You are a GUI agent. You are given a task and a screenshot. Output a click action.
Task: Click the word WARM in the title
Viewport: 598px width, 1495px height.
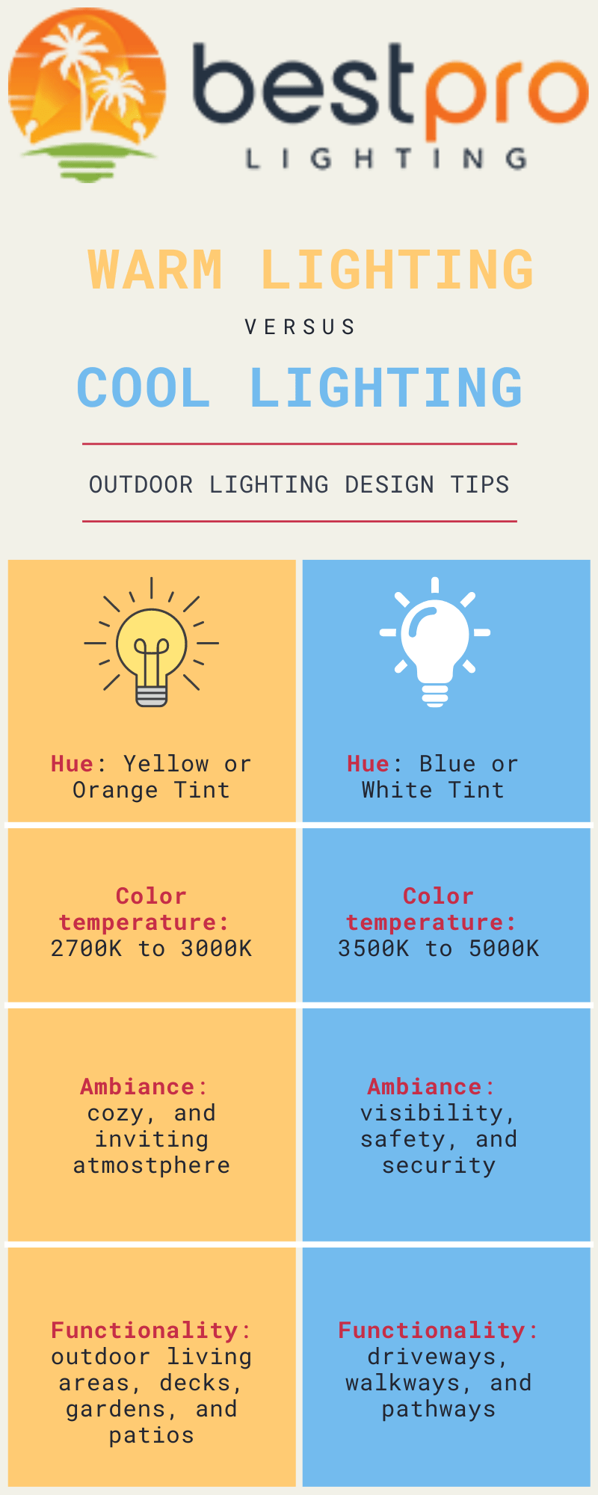click(155, 270)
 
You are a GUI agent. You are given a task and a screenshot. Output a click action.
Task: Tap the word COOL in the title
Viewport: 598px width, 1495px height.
click(144, 388)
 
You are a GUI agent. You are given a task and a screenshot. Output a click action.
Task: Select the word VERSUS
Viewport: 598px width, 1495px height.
click(300, 327)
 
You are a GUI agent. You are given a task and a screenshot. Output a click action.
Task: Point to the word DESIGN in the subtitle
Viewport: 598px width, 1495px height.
click(389, 484)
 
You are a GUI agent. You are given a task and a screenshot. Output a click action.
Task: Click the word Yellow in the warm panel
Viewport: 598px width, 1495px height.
click(166, 764)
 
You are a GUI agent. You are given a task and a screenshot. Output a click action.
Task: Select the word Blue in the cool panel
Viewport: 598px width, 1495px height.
click(447, 764)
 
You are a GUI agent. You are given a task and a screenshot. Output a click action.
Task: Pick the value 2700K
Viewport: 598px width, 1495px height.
click(86, 949)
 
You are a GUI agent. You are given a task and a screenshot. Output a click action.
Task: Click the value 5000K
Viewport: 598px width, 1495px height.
click(504, 949)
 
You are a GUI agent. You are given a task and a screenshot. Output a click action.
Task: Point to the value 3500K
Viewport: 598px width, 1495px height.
click(373, 949)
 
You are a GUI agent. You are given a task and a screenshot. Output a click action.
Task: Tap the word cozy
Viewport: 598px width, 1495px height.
click(116, 1114)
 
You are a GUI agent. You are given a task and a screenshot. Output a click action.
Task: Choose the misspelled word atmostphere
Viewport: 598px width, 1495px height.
click(152, 1165)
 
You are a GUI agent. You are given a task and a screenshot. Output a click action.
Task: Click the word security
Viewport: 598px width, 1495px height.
click(439, 1165)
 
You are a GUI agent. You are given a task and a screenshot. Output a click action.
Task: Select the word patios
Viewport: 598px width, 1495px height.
click(152, 1435)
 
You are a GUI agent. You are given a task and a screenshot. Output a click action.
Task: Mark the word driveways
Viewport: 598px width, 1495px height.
click(437, 1357)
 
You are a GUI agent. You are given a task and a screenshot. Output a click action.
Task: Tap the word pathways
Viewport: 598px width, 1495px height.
click(439, 1409)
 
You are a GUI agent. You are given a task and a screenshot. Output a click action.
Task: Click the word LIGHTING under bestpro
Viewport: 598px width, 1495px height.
click(386, 158)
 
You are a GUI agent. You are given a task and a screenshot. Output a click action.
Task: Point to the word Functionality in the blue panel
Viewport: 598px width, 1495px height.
click(431, 1331)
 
